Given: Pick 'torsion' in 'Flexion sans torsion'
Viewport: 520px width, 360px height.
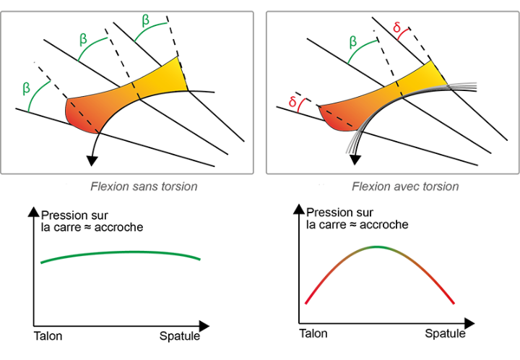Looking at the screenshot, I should coord(180,187).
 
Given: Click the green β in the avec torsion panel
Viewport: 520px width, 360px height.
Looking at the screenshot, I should coord(352,42).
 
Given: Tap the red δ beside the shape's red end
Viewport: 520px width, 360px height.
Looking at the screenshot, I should coord(292,103).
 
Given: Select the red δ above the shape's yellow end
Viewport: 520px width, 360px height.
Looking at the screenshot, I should coord(397,28).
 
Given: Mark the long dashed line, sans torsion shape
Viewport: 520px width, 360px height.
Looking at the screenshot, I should coord(82,117).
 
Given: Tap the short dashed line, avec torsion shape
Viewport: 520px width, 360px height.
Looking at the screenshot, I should coord(399,88).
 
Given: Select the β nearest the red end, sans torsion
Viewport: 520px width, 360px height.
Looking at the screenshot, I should coord(26,89).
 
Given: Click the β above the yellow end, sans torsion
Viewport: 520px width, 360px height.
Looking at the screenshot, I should coord(145,20).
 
